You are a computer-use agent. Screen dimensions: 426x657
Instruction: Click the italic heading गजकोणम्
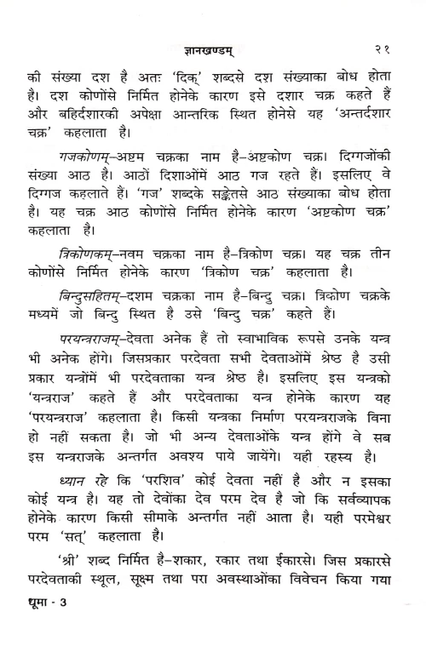click(x=78, y=158)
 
